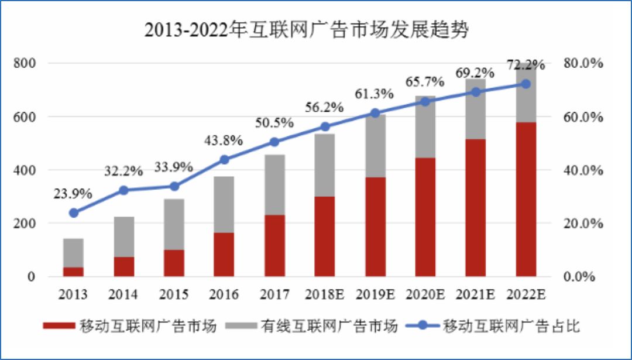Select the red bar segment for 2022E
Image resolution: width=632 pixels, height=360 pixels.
pos(525,199)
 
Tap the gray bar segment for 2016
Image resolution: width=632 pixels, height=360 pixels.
pos(224,204)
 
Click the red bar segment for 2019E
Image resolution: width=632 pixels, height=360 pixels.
pos(375,227)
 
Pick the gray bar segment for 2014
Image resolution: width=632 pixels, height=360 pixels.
pos(124,236)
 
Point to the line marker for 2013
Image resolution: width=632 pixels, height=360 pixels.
pos(74,213)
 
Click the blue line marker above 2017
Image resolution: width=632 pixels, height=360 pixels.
pos(274,142)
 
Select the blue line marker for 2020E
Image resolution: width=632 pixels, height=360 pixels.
pos(425,101)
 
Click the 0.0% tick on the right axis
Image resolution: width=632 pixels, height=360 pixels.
pos(586,277)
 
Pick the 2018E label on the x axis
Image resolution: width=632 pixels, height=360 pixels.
pos(325,294)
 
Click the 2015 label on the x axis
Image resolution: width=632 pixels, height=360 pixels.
pos(174,294)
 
